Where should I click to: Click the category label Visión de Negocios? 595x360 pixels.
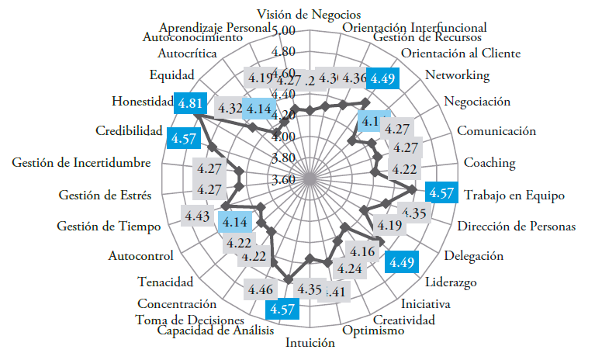pos(309,14)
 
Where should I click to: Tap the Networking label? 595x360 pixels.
pos(458,75)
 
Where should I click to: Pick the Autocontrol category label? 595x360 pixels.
pos(140,254)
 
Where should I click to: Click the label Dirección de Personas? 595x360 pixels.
pos(516,227)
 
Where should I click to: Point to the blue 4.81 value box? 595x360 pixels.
pos(191,102)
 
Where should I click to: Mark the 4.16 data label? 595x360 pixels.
pos(363,251)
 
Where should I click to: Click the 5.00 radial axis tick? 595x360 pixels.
pos(284,30)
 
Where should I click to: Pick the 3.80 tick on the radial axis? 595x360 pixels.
pos(284,157)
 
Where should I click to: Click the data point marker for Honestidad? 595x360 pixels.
pos(194,116)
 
